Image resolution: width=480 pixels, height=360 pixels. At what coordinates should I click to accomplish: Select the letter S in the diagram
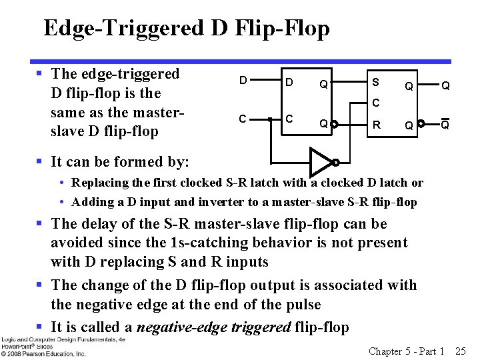pyautogui.click(x=376, y=82)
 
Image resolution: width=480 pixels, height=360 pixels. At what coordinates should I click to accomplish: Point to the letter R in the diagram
pyautogui.click(x=377, y=124)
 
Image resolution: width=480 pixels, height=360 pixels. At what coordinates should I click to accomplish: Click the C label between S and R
pyautogui.click(x=376, y=103)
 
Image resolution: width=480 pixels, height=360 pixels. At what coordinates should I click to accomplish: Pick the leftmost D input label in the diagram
pyautogui.click(x=243, y=81)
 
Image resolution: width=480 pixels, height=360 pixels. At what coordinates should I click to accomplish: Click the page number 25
pyautogui.click(x=460, y=351)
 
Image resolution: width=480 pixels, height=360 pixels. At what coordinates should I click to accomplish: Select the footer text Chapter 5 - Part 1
pyautogui.click(x=407, y=351)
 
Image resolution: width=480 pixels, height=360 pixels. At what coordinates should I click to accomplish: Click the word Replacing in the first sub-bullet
pyautogui.click(x=100, y=183)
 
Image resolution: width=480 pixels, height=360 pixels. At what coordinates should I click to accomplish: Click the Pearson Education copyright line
pyautogui.click(x=43, y=353)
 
